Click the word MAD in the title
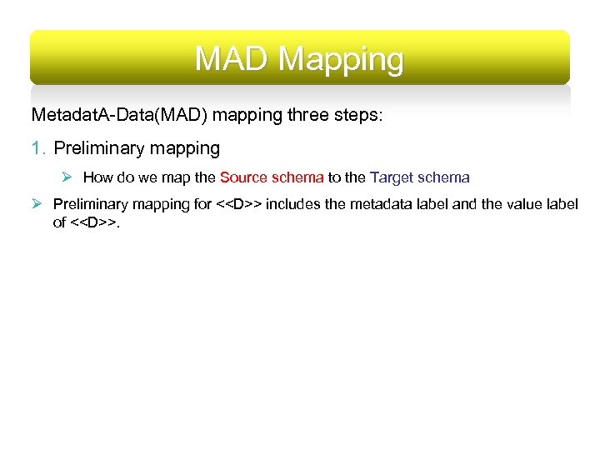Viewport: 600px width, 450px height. click(x=232, y=59)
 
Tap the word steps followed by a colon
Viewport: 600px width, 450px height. click(x=357, y=115)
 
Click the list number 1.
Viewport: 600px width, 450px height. click(x=37, y=148)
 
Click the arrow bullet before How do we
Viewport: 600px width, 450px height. click(x=69, y=177)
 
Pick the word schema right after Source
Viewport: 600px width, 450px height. click(x=297, y=177)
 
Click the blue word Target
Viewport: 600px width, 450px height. click(x=391, y=177)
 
